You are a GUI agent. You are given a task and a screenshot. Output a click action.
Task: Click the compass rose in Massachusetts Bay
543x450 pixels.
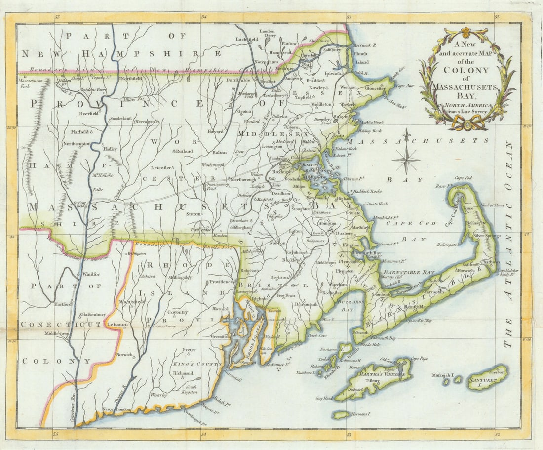[407, 159]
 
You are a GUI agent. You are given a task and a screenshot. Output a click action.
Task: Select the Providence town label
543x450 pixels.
[221, 282]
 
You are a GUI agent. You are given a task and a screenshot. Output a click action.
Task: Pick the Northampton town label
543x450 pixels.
[77, 143]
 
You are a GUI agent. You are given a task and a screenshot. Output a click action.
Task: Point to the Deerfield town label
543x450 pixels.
[89, 113]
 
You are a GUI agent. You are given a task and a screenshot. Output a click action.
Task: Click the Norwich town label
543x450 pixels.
[125, 354]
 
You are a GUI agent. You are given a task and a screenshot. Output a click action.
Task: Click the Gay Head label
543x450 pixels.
[325, 398]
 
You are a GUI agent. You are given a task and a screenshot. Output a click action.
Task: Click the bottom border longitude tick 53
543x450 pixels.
[349, 434]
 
